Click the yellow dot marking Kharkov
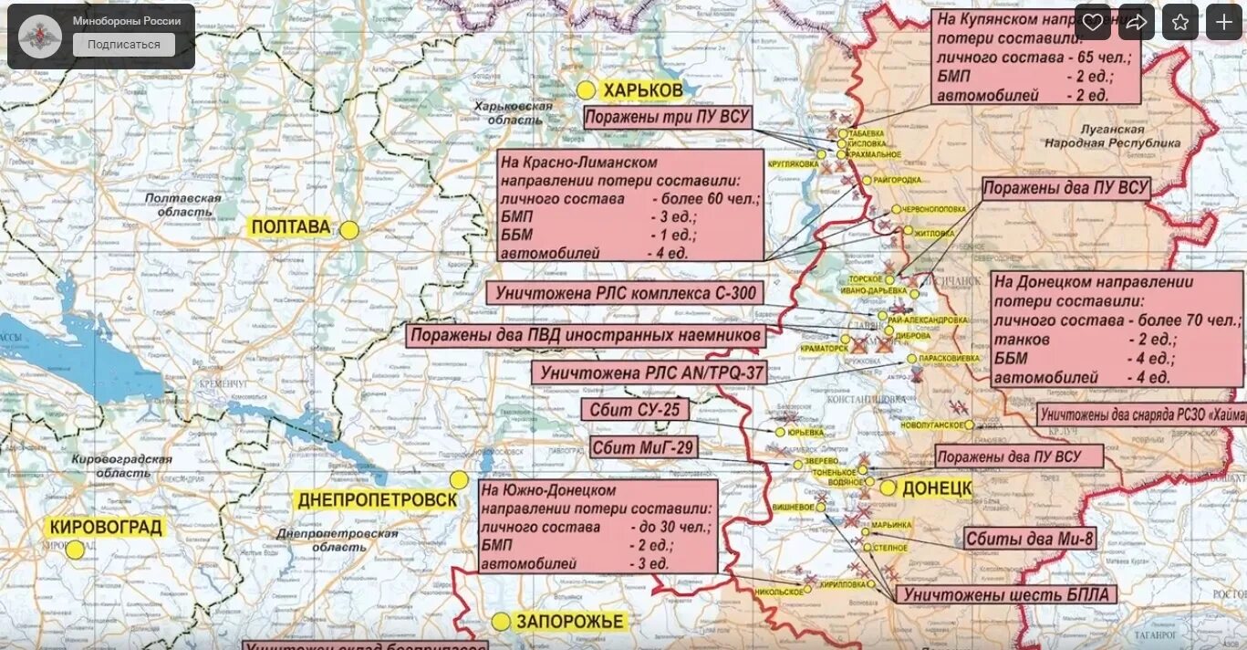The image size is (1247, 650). (586, 90)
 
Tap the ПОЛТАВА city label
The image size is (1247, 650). (291, 227)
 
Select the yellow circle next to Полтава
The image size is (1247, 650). (349, 230)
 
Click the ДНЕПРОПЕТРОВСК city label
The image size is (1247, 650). (377, 500)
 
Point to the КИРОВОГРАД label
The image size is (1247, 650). (107, 527)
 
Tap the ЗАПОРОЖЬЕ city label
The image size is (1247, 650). (569, 622)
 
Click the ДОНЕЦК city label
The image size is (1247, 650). (937, 487)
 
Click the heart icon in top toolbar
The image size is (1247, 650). (1092, 23)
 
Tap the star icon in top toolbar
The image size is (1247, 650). (1179, 23)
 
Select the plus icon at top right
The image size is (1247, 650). (1223, 23)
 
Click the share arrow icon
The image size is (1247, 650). (1136, 23)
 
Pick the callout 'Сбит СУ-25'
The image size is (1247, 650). (635, 410)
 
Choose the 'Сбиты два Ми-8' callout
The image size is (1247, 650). (1029, 539)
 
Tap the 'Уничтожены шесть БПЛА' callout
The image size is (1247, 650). (1006, 595)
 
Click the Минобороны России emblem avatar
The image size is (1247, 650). (40, 37)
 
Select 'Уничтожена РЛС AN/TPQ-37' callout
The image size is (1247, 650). (648, 372)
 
